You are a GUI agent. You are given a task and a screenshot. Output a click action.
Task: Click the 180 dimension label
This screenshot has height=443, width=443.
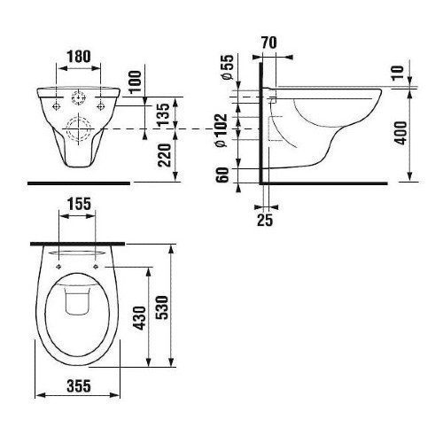79,57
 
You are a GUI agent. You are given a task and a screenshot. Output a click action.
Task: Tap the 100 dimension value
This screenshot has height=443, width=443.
136,82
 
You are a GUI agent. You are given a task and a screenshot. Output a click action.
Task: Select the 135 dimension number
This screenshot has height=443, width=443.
163,114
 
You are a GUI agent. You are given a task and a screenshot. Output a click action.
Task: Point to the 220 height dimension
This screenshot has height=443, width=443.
164,155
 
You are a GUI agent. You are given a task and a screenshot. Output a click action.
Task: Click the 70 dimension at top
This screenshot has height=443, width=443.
269,43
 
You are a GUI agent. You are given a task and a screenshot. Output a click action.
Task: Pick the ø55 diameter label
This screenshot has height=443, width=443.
228,67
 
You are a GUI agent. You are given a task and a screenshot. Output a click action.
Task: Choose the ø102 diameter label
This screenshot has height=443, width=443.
221,130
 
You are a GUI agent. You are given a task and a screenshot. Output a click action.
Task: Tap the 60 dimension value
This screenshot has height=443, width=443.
222,175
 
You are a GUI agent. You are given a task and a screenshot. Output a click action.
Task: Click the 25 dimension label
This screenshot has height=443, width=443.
265,220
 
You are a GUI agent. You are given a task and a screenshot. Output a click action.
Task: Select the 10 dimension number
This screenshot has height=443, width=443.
398,73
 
